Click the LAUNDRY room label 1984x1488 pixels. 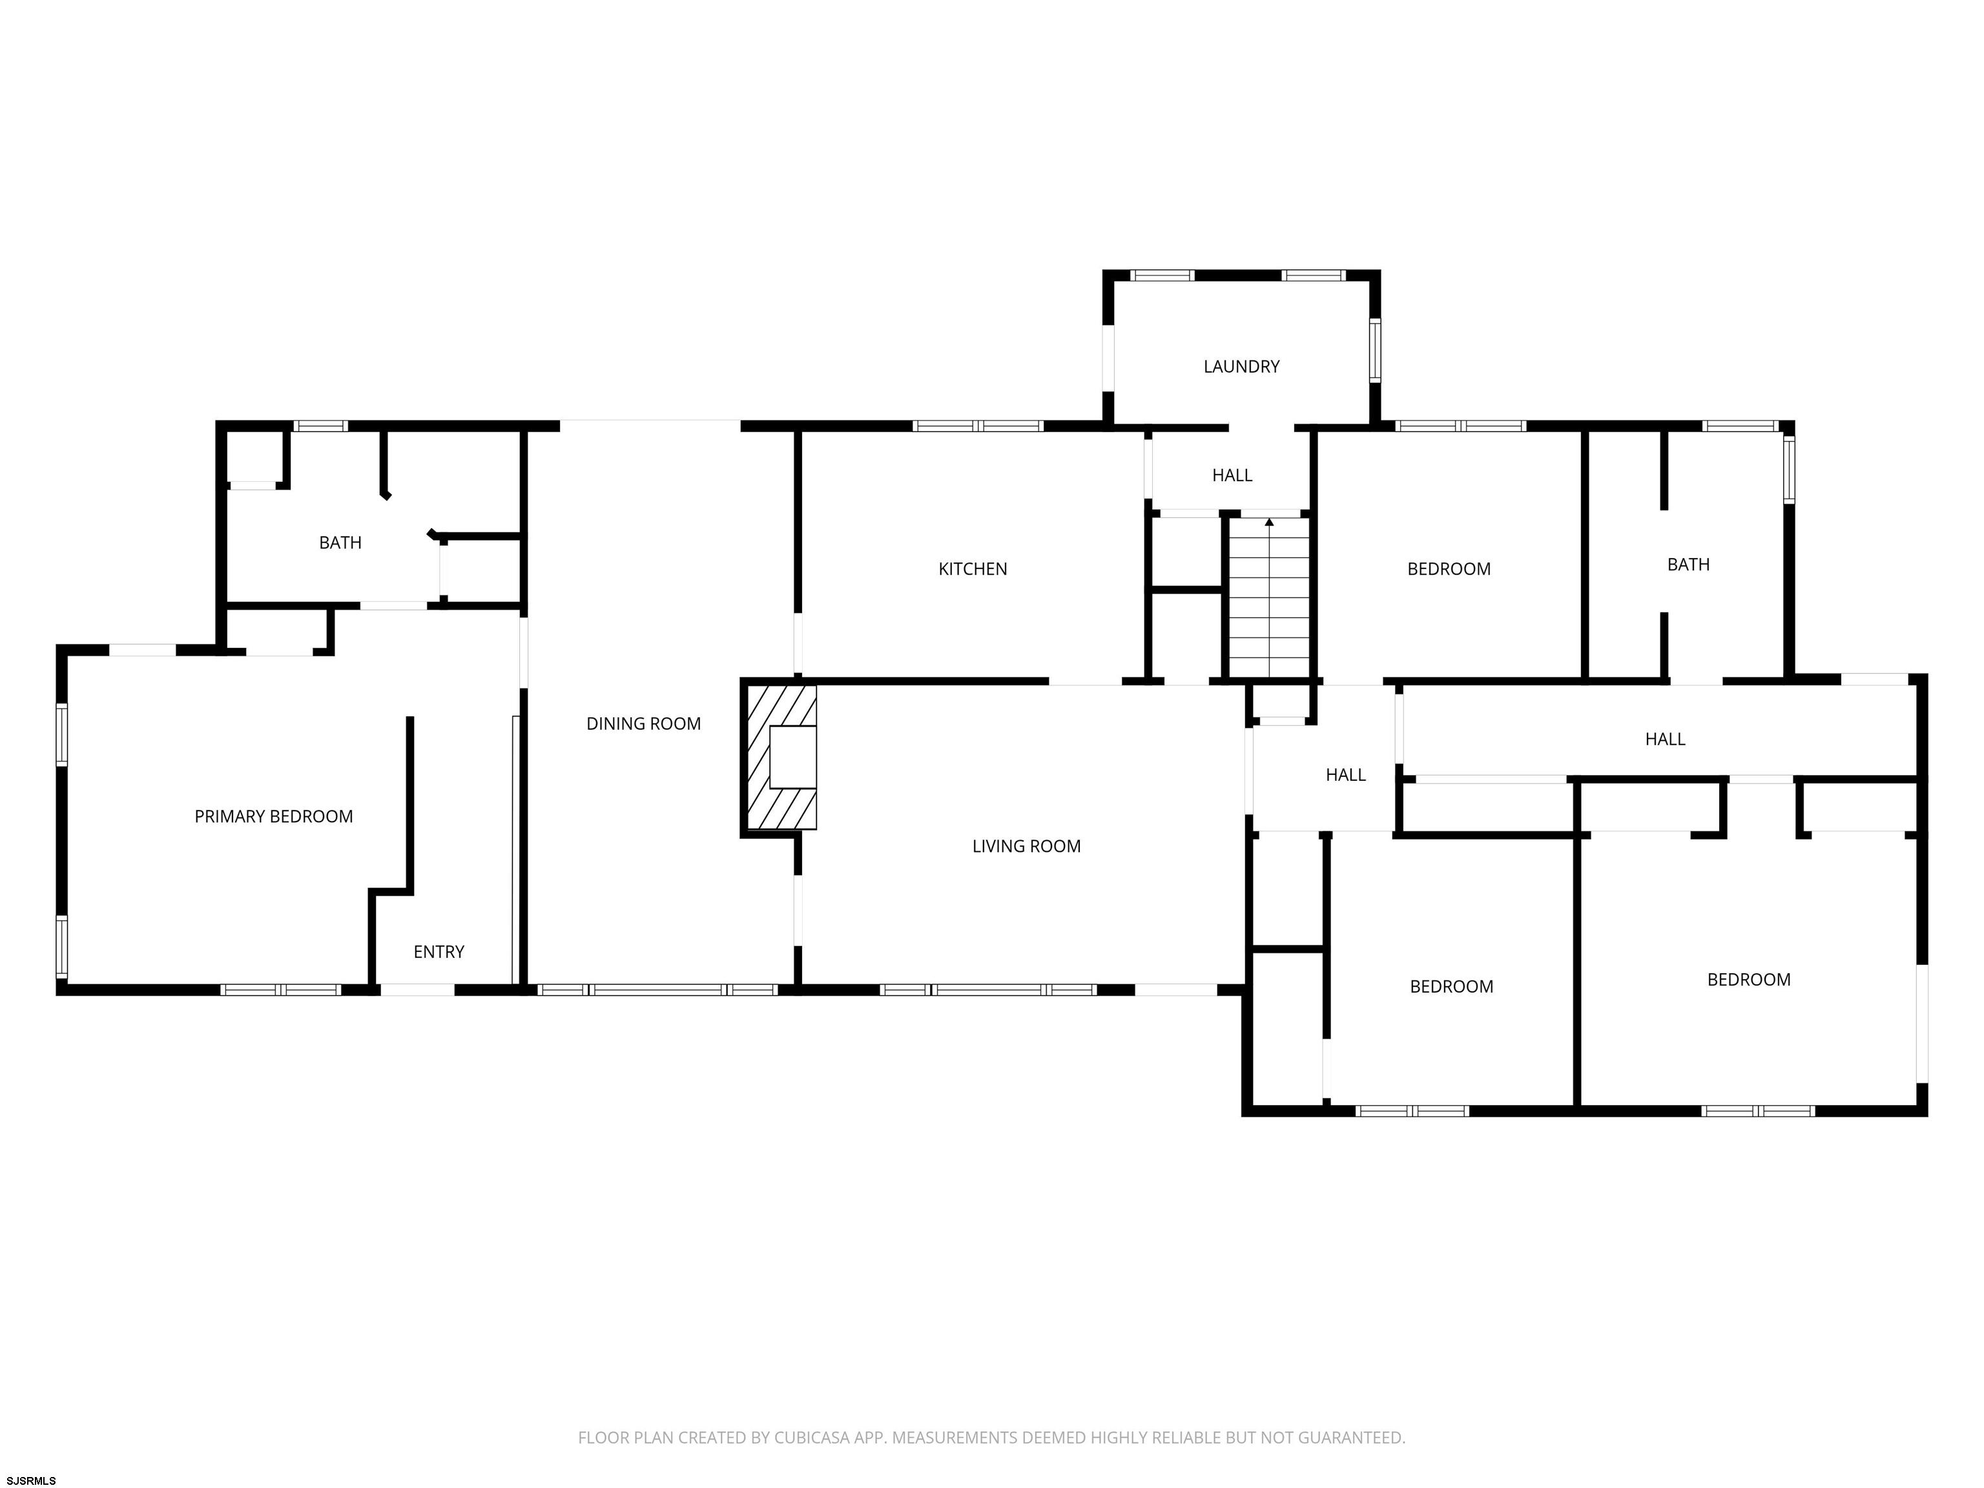(x=1241, y=366)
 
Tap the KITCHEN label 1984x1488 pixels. (x=972, y=568)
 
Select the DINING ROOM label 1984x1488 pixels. (x=643, y=724)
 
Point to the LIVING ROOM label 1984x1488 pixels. (x=1026, y=846)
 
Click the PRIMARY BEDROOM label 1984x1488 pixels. (x=274, y=816)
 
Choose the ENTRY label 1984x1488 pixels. (x=439, y=952)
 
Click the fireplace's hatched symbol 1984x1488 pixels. (x=780, y=757)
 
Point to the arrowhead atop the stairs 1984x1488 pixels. (x=1269, y=522)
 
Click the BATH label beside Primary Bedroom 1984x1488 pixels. (x=340, y=542)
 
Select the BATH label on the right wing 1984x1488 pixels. (x=1688, y=564)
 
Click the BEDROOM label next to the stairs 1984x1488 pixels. (x=1449, y=568)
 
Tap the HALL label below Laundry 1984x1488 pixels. (x=1232, y=475)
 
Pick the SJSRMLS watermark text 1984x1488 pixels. (x=32, y=1481)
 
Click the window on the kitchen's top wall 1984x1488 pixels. (x=978, y=426)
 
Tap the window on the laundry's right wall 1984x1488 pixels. (x=1374, y=351)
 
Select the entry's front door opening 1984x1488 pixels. (x=417, y=990)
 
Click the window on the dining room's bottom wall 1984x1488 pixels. (x=657, y=990)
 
